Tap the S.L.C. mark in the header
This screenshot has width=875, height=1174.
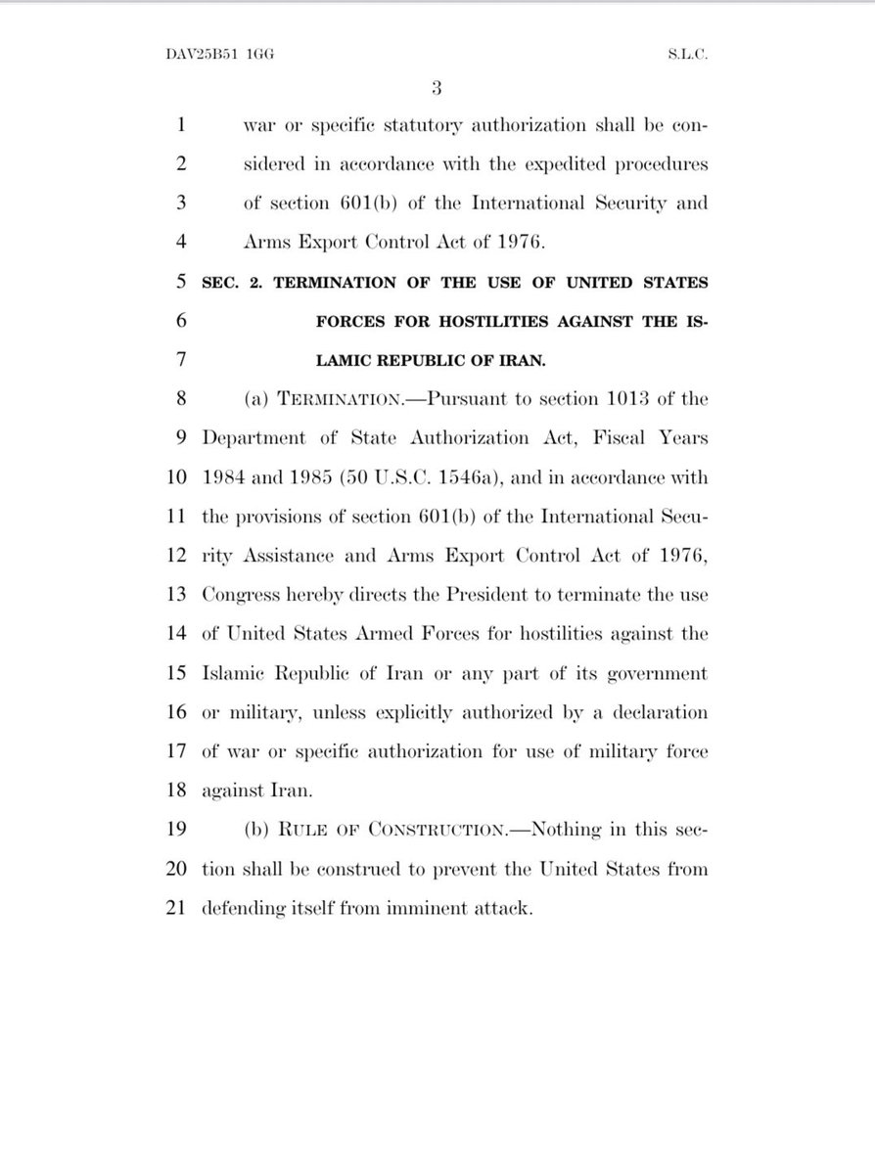[x=686, y=55]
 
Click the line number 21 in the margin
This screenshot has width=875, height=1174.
[x=175, y=908]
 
